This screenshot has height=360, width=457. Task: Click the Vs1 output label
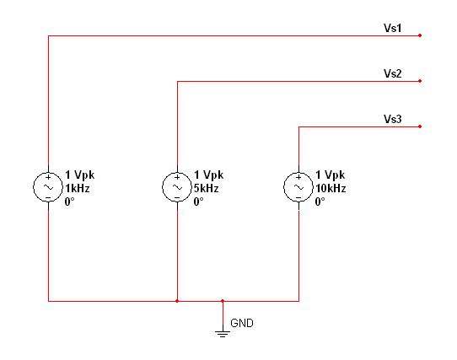(x=392, y=28)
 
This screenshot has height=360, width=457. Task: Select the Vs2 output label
(x=392, y=73)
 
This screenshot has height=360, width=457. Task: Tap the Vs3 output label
(x=392, y=119)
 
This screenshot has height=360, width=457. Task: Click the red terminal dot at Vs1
(x=420, y=35)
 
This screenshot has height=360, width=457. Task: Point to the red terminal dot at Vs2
(x=420, y=81)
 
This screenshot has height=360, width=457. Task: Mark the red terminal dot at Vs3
(x=420, y=126)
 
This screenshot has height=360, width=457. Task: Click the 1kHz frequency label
(x=78, y=188)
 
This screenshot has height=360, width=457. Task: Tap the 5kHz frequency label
(x=206, y=188)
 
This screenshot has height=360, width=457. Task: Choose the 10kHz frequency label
(x=331, y=188)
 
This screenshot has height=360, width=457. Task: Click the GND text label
(x=242, y=323)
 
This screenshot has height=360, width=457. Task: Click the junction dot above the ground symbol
(x=223, y=301)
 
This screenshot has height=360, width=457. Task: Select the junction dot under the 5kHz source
(x=177, y=301)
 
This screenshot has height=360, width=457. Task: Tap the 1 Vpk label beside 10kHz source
(x=331, y=175)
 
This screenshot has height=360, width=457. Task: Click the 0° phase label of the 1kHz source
(x=69, y=201)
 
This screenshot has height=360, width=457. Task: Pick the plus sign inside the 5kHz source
(x=177, y=177)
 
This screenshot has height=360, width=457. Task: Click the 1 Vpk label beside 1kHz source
(x=80, y=175)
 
